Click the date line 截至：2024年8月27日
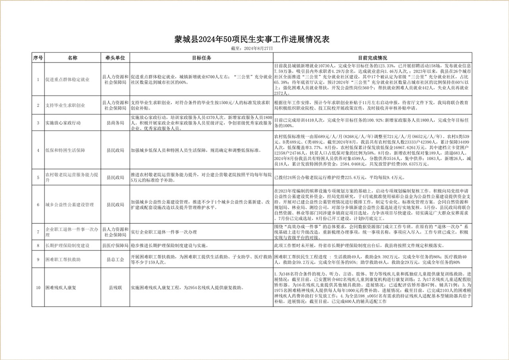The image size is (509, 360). click(x=252, y=48)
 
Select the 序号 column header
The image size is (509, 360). click(x=38, y=58)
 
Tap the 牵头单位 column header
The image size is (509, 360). click(x=115, y=58)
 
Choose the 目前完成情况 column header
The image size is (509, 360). click(x=373, y=58)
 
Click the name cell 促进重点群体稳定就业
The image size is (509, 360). click(x=68, y=79)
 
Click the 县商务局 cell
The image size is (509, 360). click(x=115, y=123)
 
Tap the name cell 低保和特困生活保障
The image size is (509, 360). click(x=65, y=151)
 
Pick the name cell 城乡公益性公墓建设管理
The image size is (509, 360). click(x=70, y=205)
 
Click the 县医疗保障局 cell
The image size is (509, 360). click(x=115, y=246)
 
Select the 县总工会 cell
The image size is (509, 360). click(x=115, y=259)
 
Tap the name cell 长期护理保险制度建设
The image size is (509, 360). click(x=68, y=246)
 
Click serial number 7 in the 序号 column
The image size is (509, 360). click(x=38, y=231)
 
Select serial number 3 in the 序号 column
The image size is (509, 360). click(x=38, y=123)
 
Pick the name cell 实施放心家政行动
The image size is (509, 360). click(x=63, y=123)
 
